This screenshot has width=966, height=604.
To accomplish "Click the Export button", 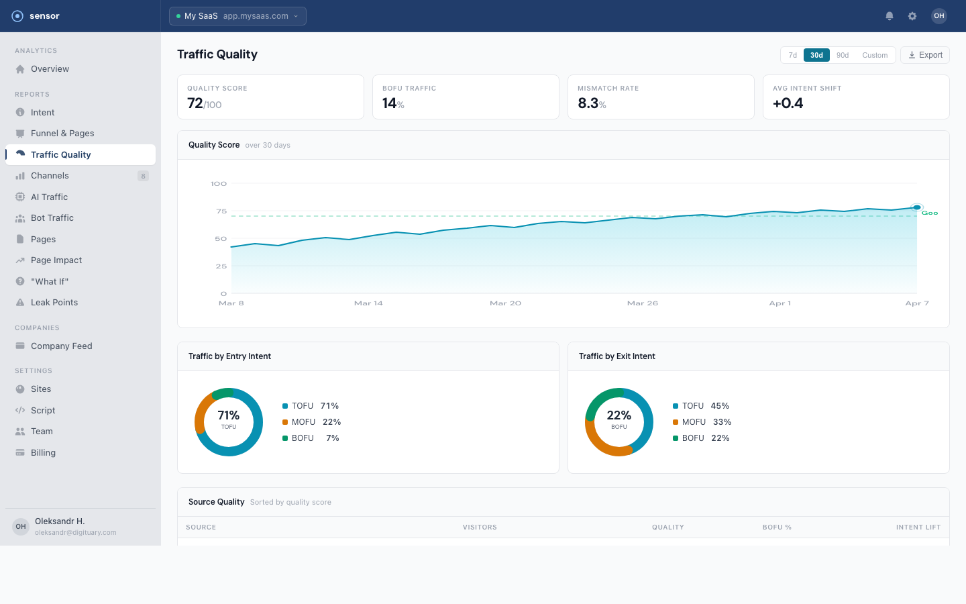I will pyautogui.click(x=924, y=55).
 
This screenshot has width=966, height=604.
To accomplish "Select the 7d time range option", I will pyautogui.click(x=792, y=55).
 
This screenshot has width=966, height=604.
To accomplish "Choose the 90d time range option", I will pyautogui.click(x=843, y=55).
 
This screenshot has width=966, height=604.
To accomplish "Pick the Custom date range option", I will pyautogui.click(x=875, y=55).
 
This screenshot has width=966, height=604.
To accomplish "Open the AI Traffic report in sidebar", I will pyautogui.click(x=49, y=197).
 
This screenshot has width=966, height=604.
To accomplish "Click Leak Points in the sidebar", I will pyautogui.click(x=54, y=303).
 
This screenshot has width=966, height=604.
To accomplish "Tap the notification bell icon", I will pyautogui.click(x=890, y=16).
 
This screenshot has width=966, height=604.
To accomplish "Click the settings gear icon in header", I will pyautogui.click(x=912, y=16).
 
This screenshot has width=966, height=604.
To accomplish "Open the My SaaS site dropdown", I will pyautogui.click(x=237, y=16).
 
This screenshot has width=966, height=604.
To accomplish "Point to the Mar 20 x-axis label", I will pyautogui.click(x=505, y=303).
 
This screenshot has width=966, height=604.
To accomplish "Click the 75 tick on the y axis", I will pyautogui.click(x=221, y=211).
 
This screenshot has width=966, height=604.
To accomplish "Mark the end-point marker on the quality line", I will pyautogui.click(x=916, y=207).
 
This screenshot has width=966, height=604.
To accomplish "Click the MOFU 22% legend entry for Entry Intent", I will pyautogui.click(x=312, y=422).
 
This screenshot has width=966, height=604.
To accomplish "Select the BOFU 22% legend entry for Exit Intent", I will pyautogui.click(x=702, y=438).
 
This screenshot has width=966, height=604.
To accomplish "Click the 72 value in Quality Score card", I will pyautogui.click(x=195, y=103).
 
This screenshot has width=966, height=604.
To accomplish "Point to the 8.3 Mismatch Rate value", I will pyautogui.click(x=588, y=103).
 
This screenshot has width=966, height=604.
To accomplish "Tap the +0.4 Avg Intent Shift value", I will pyautogui.click(x=788, y=103).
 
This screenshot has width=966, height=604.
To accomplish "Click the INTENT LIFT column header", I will pyautogui.click(x=918, y=527).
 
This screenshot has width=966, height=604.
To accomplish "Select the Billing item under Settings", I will pyautogui.click(x=43, y=453).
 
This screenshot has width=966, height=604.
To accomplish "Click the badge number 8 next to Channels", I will pyautogui.click(x=143, y=176).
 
